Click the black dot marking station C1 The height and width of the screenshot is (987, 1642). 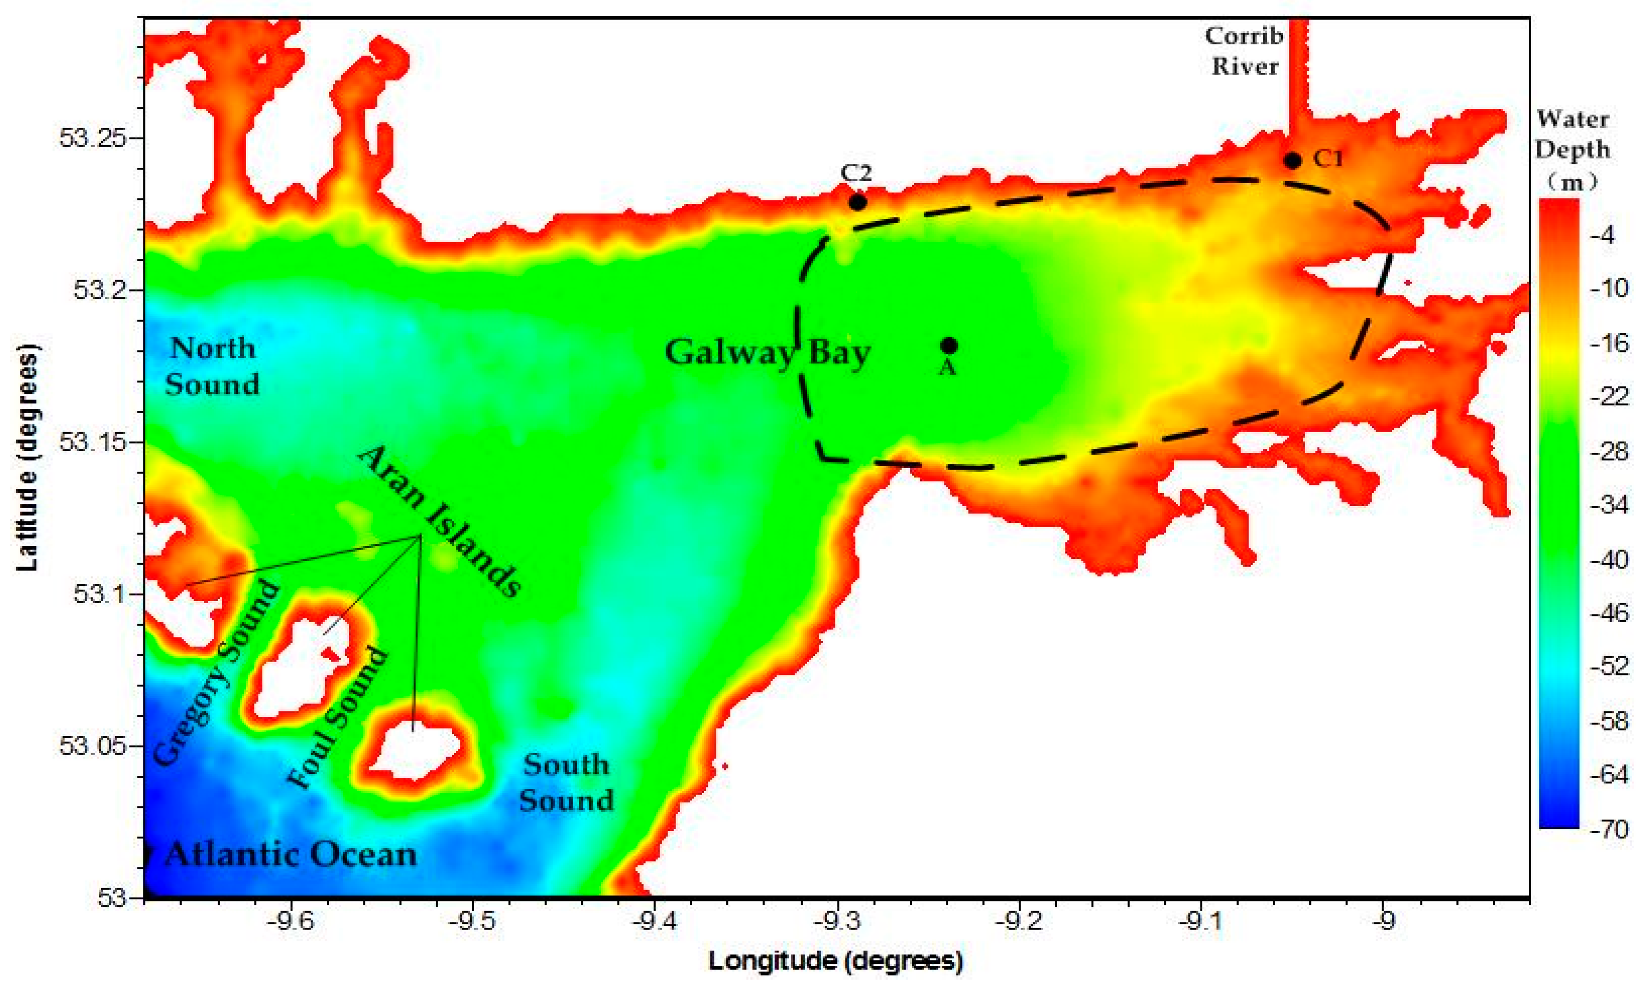(x=1292, y=160)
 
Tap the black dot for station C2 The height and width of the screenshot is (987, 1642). (x=858, y=201)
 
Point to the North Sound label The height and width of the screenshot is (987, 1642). (x=212, y=366)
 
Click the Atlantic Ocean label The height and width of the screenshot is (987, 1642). (x=290, y=855)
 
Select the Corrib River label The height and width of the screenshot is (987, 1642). (x=1244, y=51)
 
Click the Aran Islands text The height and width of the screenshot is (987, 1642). (x=439, y=522)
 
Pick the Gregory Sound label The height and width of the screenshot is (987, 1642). (x=217, y=672)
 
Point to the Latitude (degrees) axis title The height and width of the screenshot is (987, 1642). (x=27, y=458)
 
